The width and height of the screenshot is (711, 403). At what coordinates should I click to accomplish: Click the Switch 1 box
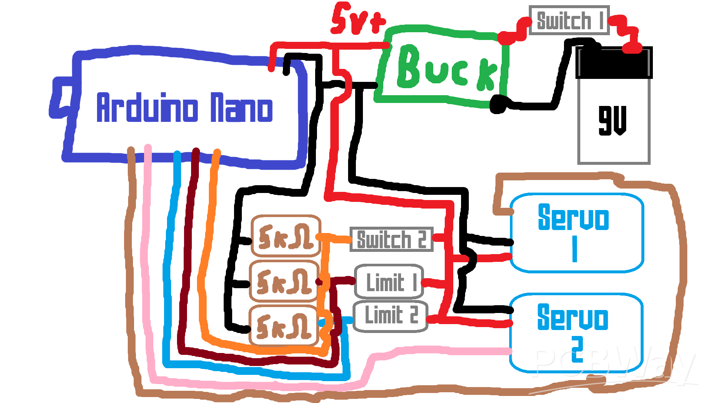tap(569, 20)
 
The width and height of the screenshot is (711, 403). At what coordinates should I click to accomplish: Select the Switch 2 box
tap(391, 240)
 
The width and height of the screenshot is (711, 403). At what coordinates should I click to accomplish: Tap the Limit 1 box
tap(389, 282)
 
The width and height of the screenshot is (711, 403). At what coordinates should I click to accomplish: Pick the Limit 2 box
tap(390, 316)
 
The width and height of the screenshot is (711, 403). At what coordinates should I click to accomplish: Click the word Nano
tap(241, 108)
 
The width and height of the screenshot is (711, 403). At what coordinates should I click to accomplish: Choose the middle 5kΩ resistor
tap(284, 282)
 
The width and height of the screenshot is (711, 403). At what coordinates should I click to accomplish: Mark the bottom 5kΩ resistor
tap(284, 326)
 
